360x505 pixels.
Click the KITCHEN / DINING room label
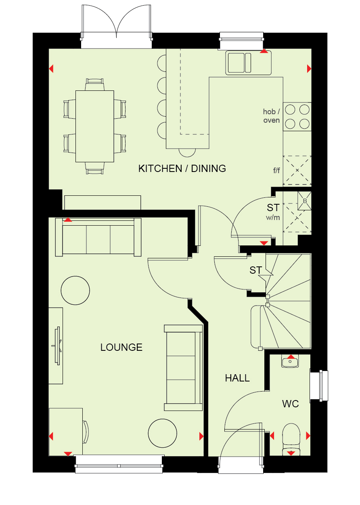(182, 169)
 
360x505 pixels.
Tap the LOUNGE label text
(121, 348)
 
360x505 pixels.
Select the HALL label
(237, 378)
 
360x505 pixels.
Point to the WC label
(290, 404)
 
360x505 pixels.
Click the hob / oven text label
(271, 116)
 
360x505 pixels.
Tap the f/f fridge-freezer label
(276, 170)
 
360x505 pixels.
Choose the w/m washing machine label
(273, 218)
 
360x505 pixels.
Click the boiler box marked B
(304, 201)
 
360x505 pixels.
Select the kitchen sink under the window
(249, 63)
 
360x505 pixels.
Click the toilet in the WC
(291, 439)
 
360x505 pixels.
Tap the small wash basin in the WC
(290, 361)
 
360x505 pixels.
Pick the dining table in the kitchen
(95, 126)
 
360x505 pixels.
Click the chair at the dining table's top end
(95, 84)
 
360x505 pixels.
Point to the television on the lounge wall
(58, 346)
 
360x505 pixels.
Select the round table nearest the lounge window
(162, 433)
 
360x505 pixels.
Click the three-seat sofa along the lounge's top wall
(98, 237)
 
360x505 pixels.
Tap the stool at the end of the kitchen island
(187, 153)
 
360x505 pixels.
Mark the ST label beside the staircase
(255, 270)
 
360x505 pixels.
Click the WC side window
(319, 386)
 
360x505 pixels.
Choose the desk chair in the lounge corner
(86, 432)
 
